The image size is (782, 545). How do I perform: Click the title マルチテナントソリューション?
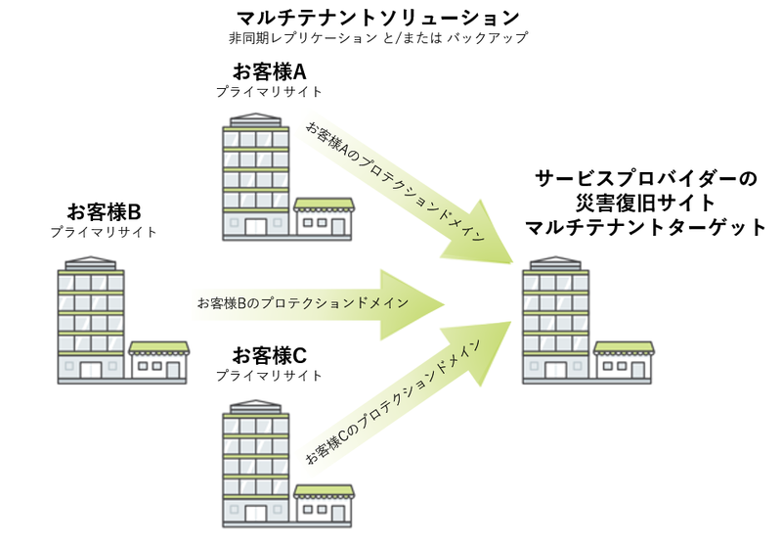tap(377, 18)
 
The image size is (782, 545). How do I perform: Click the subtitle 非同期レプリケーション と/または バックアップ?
tap(377, 39)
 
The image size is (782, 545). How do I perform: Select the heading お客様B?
tap(104, 211)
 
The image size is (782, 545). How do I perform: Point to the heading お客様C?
tap(269, 353)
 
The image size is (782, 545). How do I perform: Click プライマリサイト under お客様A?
tap(269, 92)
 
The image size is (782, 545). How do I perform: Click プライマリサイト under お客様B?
tap(104, 232)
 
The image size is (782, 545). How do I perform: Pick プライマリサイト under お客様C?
tap(269, 375)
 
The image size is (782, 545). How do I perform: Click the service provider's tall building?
tap(556, 318)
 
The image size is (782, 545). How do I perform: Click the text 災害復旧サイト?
tap(645, 204)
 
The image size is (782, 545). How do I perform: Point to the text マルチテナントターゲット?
tap(645, 228)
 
